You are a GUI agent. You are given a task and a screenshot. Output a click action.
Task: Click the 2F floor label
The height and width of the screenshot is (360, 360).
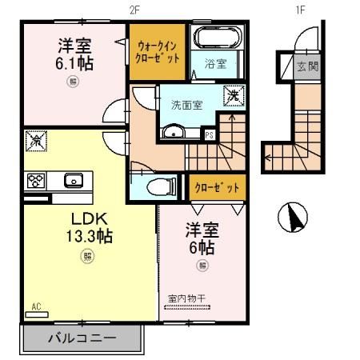pyautogui.click(x=134, y=10)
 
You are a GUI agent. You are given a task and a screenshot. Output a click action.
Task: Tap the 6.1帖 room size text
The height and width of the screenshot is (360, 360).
pyautogui.click(x=74, y=62)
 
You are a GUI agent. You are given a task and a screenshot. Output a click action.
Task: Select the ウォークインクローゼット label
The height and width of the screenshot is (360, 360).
pyautogui.click(x=158, y=52)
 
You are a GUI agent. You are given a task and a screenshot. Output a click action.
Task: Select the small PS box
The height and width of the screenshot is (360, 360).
pyautogui.click(x=209, y=134)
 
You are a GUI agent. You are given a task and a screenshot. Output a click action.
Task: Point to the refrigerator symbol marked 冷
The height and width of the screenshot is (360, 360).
pyautogui.click(x=37, y=141)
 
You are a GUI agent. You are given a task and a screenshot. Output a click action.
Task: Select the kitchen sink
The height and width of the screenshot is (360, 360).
pyautogui.click(x=74, y=179)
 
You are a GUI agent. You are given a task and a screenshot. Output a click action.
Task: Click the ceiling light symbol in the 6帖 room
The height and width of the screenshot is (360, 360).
pyautogui.click(x=203, y=265)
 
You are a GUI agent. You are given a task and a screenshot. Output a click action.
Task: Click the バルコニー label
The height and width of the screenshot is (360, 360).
pyautogui.click(x=82, y=338)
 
